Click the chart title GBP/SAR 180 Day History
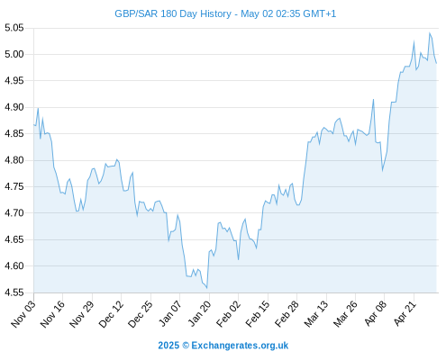click(x=173, y=13)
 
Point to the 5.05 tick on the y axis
click(x=14, y=28)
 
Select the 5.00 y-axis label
click(x=14, y=54)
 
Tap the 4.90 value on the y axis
click(x=14, y=107)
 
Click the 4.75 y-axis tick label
click(x=14, y=186)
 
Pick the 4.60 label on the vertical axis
click(x=14, y=265)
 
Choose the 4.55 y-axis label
click(x=14, y=292)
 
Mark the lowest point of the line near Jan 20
click(x=207, y=288)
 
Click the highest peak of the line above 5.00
click(x=430, y=32)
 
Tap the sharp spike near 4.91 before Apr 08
click(x=373, y=99)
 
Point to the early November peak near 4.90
click(x=38, y=108)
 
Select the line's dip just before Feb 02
click(x=238, y=259)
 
